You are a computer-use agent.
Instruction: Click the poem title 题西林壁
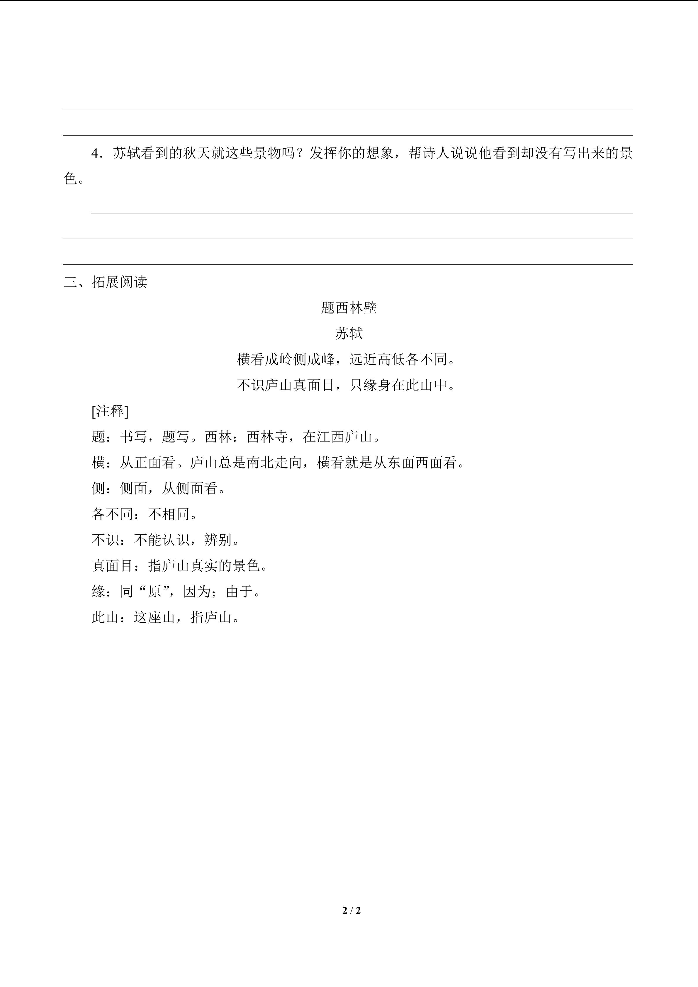point(349,308)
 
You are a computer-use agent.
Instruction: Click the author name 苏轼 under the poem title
point(349,334)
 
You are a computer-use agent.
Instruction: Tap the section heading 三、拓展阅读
point(105,282)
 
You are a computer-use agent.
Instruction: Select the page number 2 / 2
point(351,910)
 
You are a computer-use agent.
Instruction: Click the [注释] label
point(110,411)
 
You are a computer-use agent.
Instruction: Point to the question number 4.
point(95,154)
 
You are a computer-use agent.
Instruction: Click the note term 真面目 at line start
point(113,566)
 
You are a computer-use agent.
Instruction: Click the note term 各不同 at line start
point(113,514)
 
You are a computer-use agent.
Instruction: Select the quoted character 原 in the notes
point(154,592)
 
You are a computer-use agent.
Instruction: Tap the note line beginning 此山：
point(165,618)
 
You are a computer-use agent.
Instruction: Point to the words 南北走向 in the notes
point(274,463)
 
